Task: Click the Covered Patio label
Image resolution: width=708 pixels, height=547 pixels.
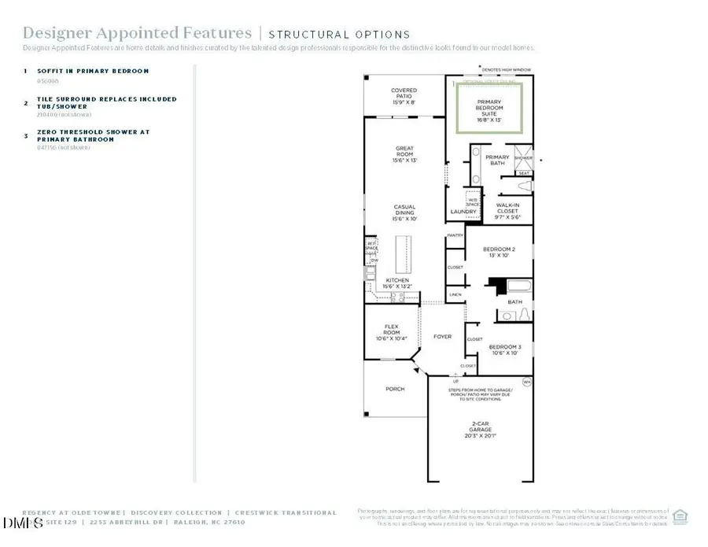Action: [404, 95]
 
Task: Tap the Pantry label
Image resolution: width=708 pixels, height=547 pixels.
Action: [455, 235]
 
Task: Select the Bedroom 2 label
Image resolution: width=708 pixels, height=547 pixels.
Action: [501, 252]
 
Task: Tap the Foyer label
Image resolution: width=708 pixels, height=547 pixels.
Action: [443, 337]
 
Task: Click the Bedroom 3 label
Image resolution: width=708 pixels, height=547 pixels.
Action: [505, 349]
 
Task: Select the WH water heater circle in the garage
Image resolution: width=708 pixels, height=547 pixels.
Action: [527, 381]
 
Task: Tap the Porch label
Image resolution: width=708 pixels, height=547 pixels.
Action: [395, 389]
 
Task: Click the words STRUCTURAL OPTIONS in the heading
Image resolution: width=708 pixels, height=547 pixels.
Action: [339, 35]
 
